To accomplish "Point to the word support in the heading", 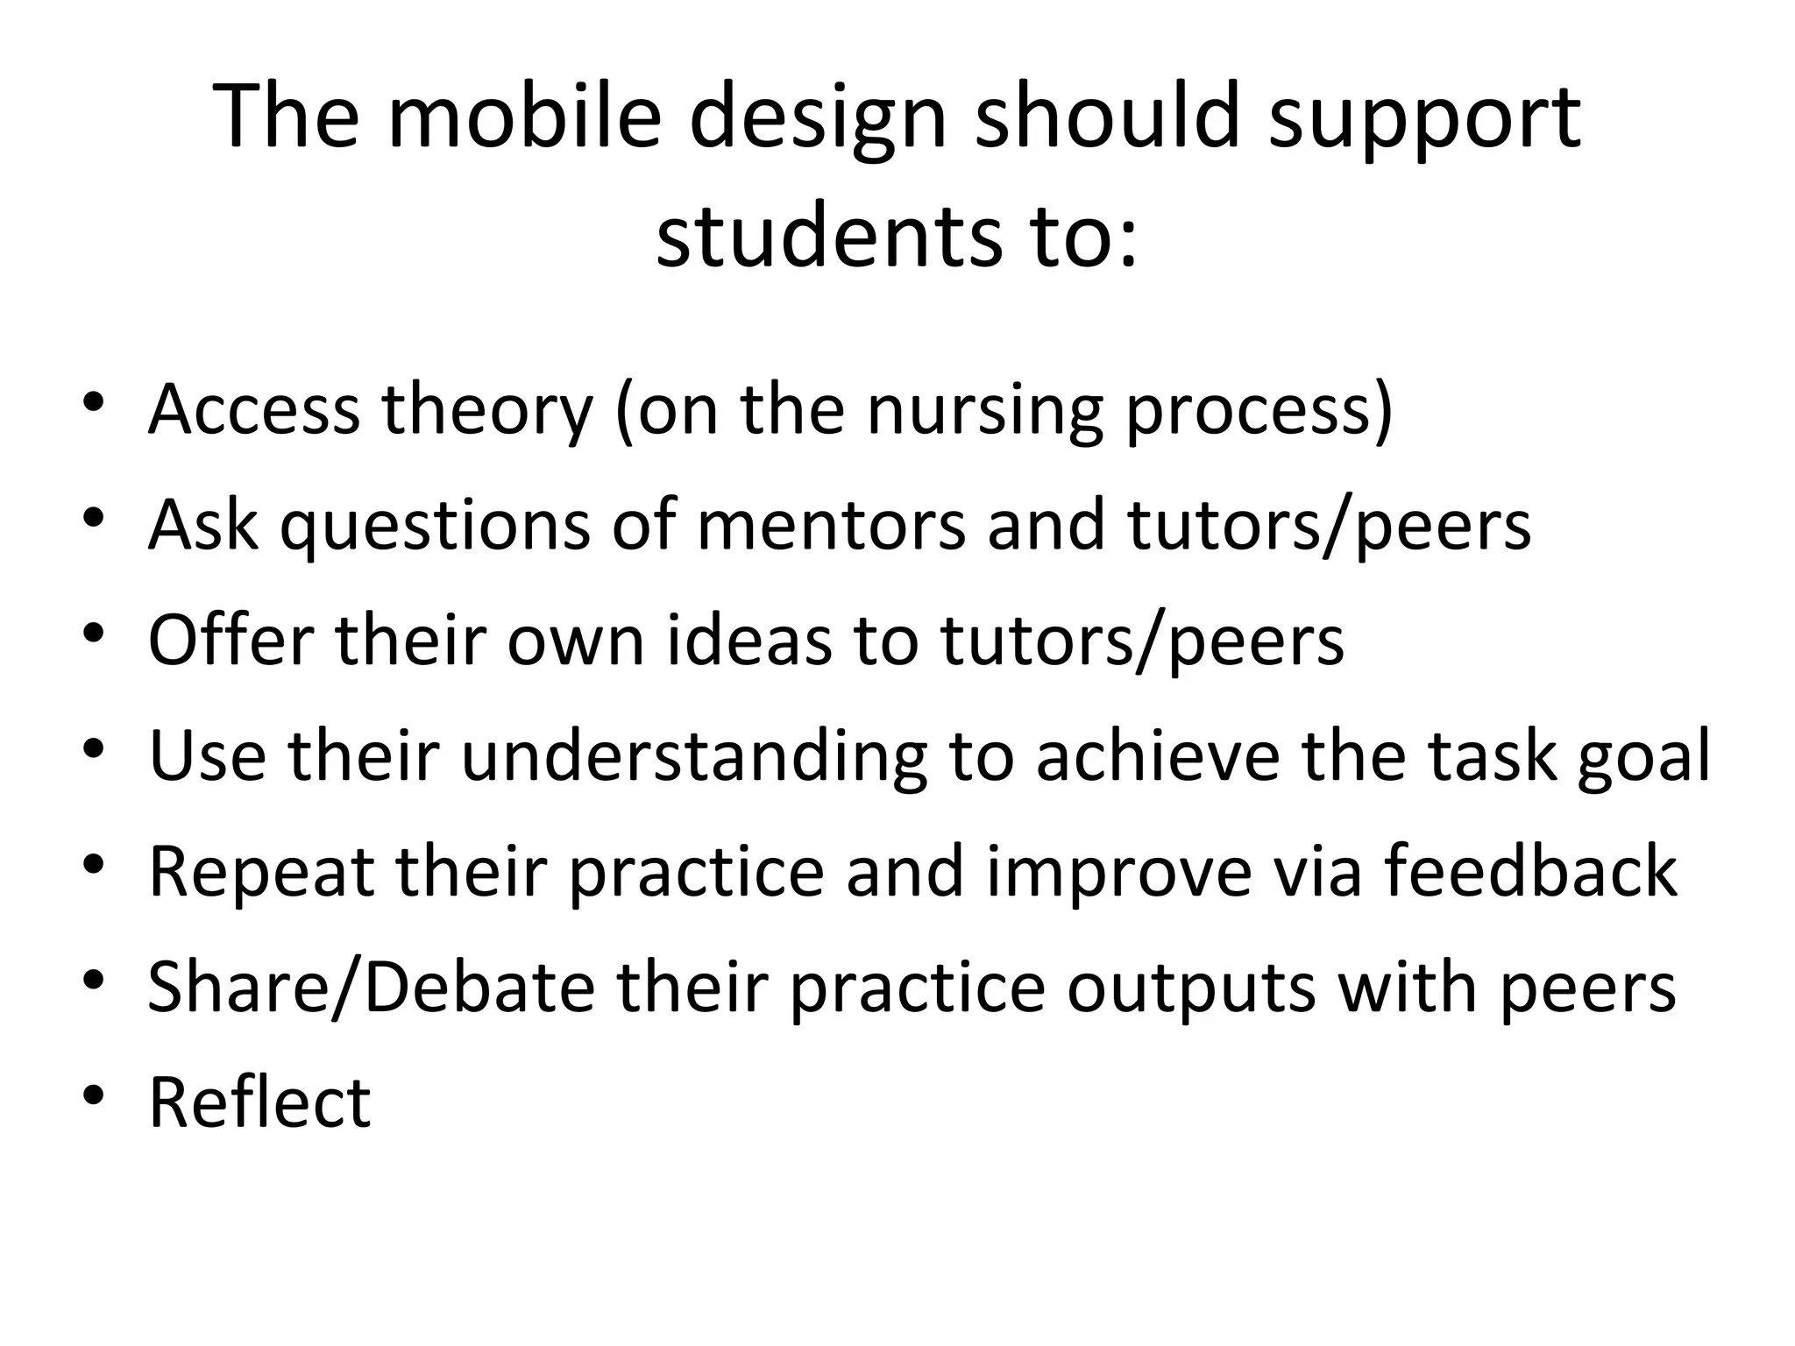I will pos(1424,118).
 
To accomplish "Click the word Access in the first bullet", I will pos(254,409).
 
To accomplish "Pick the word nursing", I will pos(985,409).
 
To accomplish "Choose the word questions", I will pos(435,525).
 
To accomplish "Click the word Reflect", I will pos(259,1102).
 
